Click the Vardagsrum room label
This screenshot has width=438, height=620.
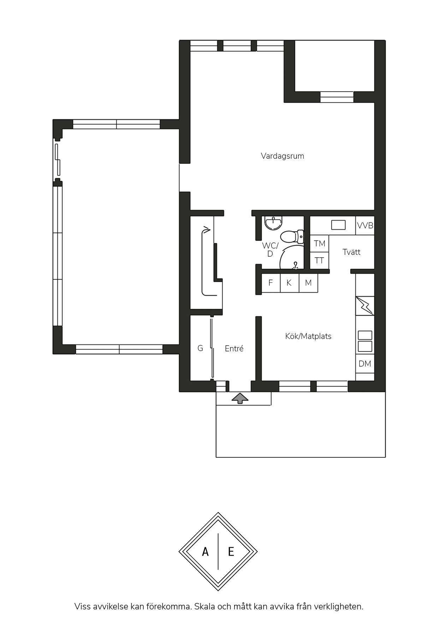tap(282, 156)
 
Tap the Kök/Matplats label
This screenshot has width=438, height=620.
tap(308, 336)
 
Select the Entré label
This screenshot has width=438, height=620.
tap(234, 349)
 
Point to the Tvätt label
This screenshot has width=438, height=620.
tap(351, 252)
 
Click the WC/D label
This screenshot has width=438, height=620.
tap(270, 250)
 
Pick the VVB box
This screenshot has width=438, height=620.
tap(365, 226)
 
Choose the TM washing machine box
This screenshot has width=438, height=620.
tap(319, 244)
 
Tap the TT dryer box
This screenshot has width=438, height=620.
tap(319, 261)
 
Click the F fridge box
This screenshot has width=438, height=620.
tap(271, 283)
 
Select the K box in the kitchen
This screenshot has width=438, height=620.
tap(289, 283)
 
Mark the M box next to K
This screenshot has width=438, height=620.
tap(308, 283)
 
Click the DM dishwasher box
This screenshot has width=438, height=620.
tap(365, 364)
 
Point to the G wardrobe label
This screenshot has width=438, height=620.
tap(200, 349)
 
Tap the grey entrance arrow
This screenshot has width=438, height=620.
tap(240, 398)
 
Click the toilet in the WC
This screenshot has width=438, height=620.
tap(292, 236)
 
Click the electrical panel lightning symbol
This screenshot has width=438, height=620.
tap(365, 306)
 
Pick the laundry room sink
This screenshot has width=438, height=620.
tap(338, 225)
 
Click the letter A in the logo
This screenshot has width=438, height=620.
tap(205, 551)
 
